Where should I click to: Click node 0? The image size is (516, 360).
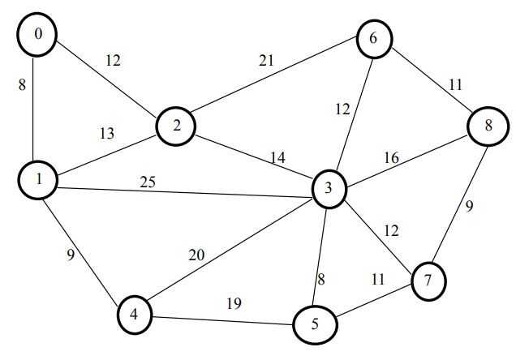click(x=33, y=35)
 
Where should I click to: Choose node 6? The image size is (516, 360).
click(x=373, y=38)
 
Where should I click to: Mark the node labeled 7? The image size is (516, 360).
click(x=430, y=281)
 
